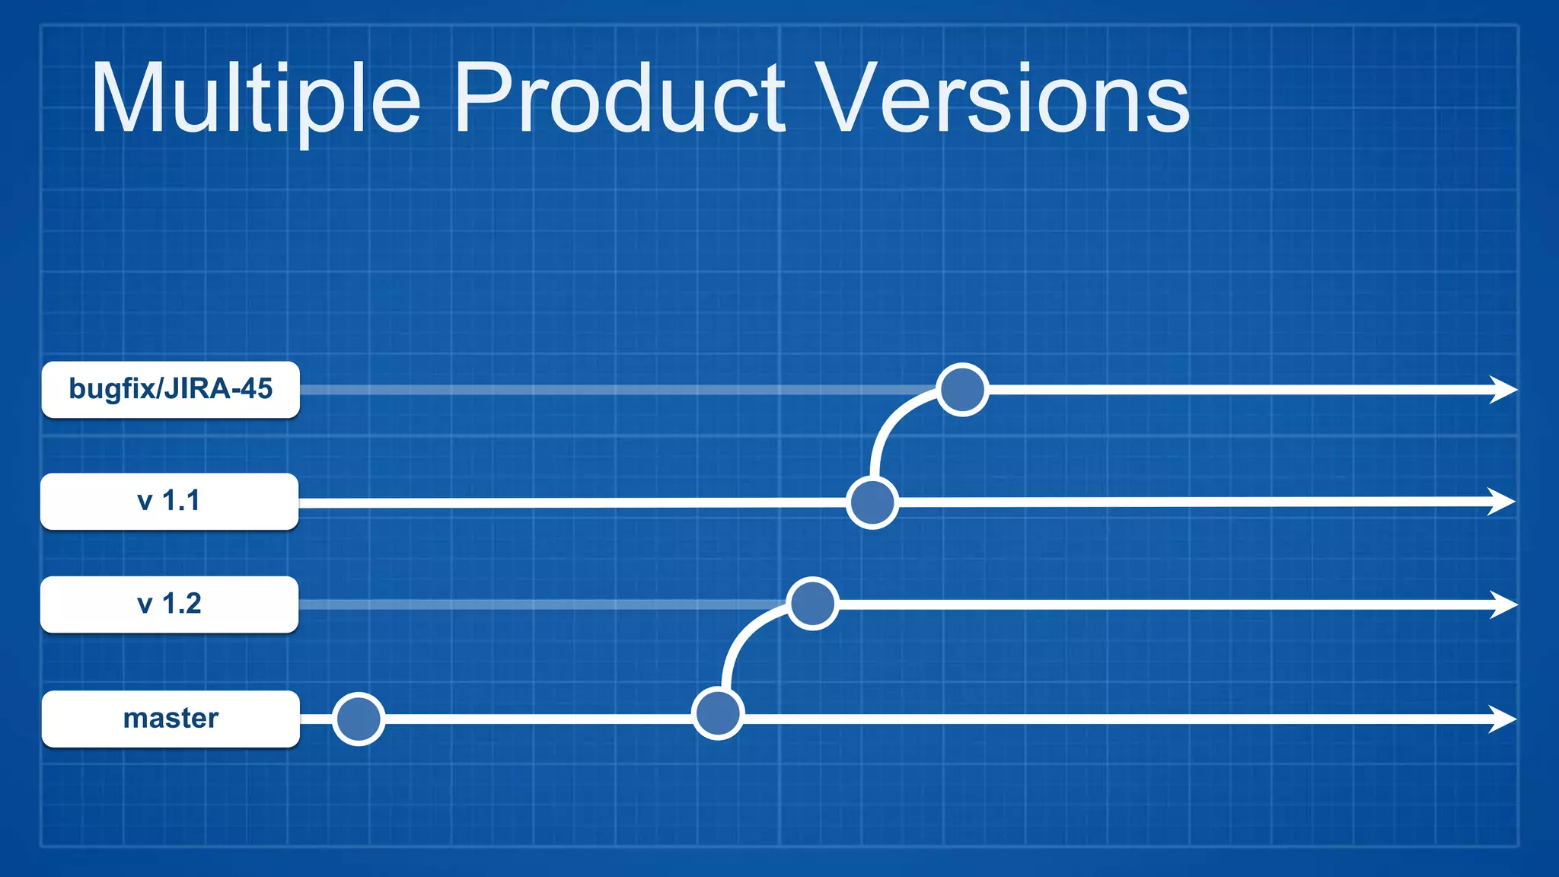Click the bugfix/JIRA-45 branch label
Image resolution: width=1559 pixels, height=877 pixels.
(171, 389)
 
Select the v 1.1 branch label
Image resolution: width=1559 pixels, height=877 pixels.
(169, 501)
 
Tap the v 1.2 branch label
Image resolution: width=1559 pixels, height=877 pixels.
(169, 604)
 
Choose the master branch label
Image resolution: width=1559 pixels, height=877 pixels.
(171, 719)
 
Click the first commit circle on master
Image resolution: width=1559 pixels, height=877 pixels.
(358, 719)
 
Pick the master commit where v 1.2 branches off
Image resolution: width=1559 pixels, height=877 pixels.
(717, 713)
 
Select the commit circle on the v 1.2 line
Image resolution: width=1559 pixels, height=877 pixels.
(812, 604)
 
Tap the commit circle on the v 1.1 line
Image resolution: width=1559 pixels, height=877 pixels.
(872, 502)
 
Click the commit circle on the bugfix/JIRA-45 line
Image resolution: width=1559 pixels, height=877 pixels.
(962, 390)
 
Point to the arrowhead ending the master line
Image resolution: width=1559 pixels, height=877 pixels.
(1503, 719)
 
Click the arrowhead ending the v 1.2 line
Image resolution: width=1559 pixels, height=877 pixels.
(1503, 604)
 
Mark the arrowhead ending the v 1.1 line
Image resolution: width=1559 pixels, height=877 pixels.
(1502, 502)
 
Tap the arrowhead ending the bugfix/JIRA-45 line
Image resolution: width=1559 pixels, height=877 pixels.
(1503, 389)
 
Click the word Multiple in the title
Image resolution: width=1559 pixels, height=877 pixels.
(256, 99)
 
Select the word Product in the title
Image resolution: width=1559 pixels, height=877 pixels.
(619, 99)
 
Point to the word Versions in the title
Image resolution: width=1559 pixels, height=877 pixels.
(1005, 99)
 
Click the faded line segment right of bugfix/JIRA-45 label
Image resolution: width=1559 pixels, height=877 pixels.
(609, 390)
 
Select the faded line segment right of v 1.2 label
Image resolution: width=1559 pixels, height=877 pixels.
(533, 604)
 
